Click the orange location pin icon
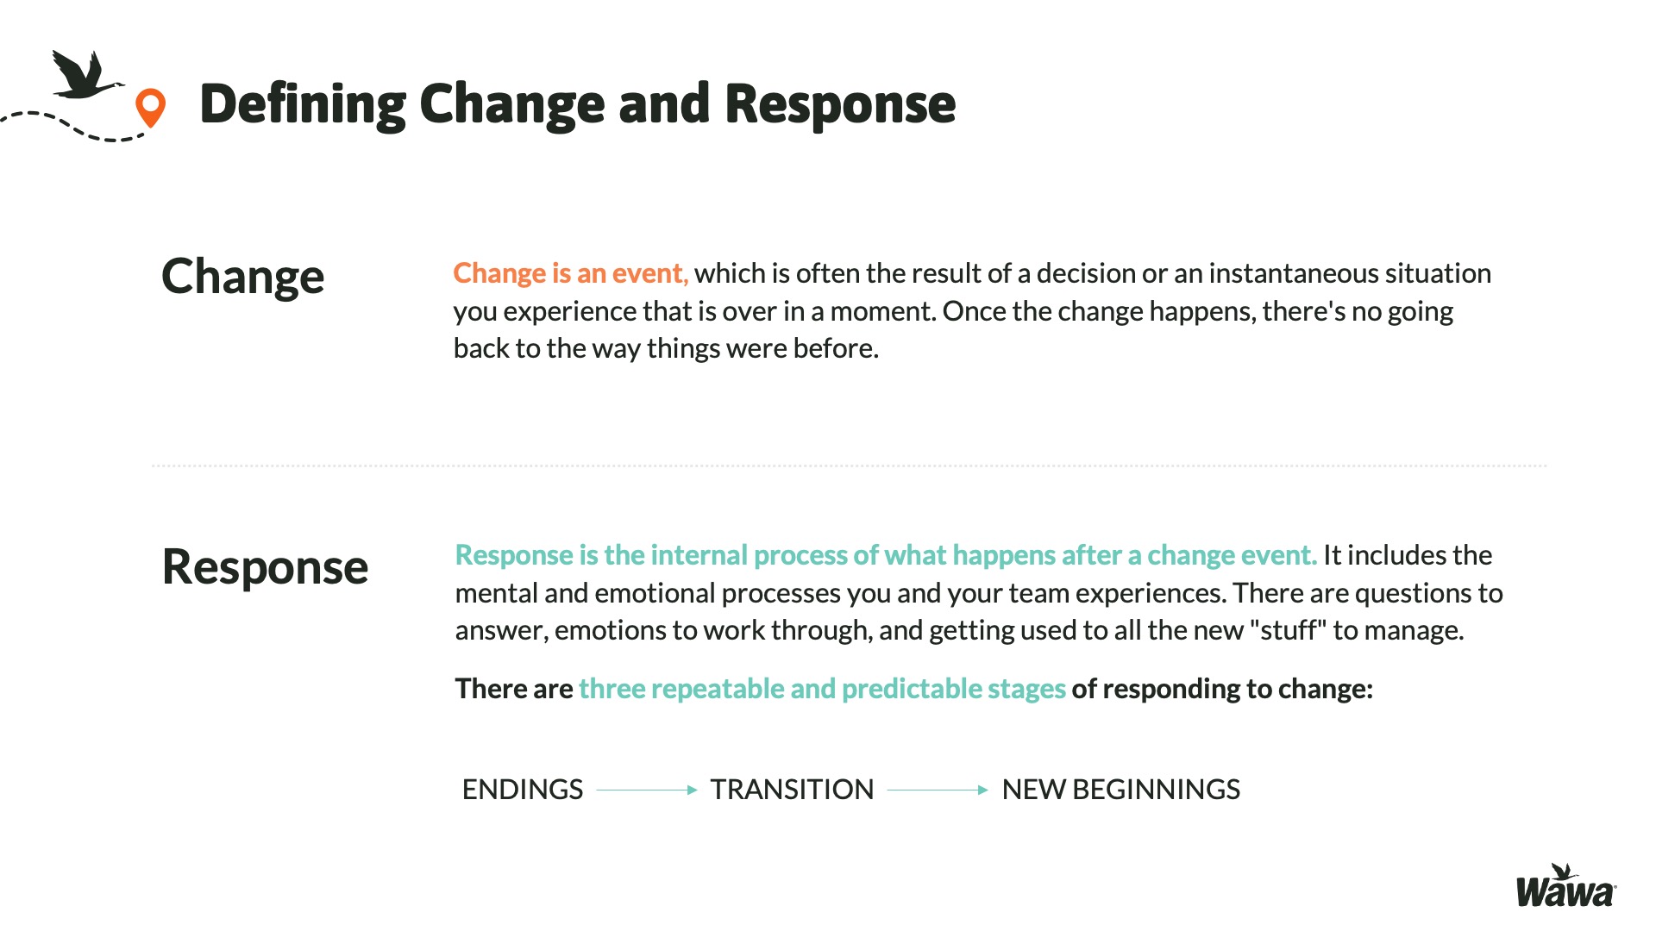(150, 108)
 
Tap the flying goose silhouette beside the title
(85, 75)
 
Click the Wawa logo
(1566, 886)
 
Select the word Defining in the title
(303, 104)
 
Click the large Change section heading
(243, 278)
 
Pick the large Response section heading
(265, 568)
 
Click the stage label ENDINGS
(523, 790)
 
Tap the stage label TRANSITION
(792, 790)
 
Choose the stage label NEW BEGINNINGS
(1121, 790)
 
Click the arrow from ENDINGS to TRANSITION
(647, 790)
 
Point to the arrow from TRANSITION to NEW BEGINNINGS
(938, 790)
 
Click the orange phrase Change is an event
(570, 273)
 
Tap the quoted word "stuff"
(1288, 630)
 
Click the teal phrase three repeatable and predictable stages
(822, 689)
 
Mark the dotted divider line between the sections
(850, 465)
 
